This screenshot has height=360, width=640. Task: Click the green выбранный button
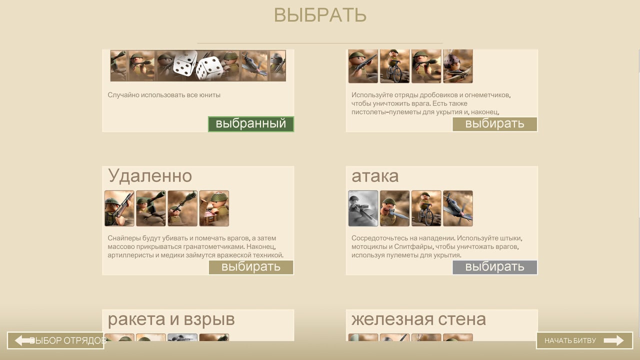pyautogui.click(x=251, y=124)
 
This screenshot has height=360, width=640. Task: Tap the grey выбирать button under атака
pyautogui.click(x=494, y=267)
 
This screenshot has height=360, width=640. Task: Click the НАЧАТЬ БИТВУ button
pyautogui.click(x=584, y=340)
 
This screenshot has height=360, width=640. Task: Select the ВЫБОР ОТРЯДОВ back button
pyautogui.click(x=55, y=340)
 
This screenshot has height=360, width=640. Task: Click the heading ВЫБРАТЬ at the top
pyautogui.click(x=320, y=15)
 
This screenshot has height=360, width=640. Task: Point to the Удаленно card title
pyautogui.click(x=149, y=176)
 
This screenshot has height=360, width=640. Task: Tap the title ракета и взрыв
pyautogui.click(x=171, y=319)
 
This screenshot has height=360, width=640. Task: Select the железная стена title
pyautogui.click(x=418, y=319)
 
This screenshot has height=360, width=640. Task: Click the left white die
pyautogui.click(x=185, y=63)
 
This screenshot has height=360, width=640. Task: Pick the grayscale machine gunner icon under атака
pyautogui.click(x=363, y=208)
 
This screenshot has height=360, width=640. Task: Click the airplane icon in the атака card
pyautogui.click(x=458, y=208)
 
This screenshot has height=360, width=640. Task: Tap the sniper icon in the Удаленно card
pyautogui.click(x=119, y=208)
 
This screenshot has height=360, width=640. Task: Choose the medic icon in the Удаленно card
pyautogui.click(x=214, y=208)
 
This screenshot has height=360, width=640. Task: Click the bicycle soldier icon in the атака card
pyautogui.click(x=426, y=208)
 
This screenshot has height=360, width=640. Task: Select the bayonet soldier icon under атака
pyautogui.click(x=394, y=208)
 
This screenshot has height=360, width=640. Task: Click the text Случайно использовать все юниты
pyautogui.click(x=164, y=95)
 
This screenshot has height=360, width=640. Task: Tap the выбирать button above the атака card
pyautogui.click(x=494, y=124)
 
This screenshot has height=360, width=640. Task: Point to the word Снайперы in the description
pyautogui.click(x=124, y=238)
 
